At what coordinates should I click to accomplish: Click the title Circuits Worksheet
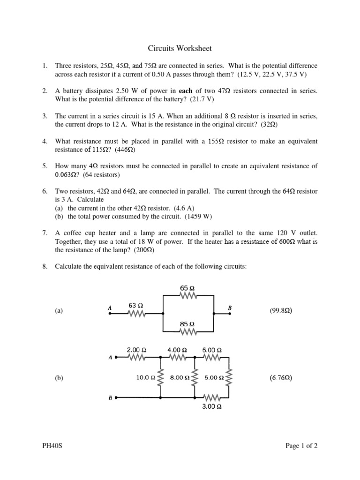(180, 48)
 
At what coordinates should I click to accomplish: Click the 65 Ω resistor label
(187, 288)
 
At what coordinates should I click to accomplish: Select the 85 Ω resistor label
(187, 324)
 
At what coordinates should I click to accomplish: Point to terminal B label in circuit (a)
(230, 307)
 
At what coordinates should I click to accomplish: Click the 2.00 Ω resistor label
(137, 350)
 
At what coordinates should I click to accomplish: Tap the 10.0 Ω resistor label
(146, 377)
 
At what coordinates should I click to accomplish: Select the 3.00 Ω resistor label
(212, 407)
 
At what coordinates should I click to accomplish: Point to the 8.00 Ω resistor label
(179, 377)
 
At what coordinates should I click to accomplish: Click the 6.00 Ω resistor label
(212, 350)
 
